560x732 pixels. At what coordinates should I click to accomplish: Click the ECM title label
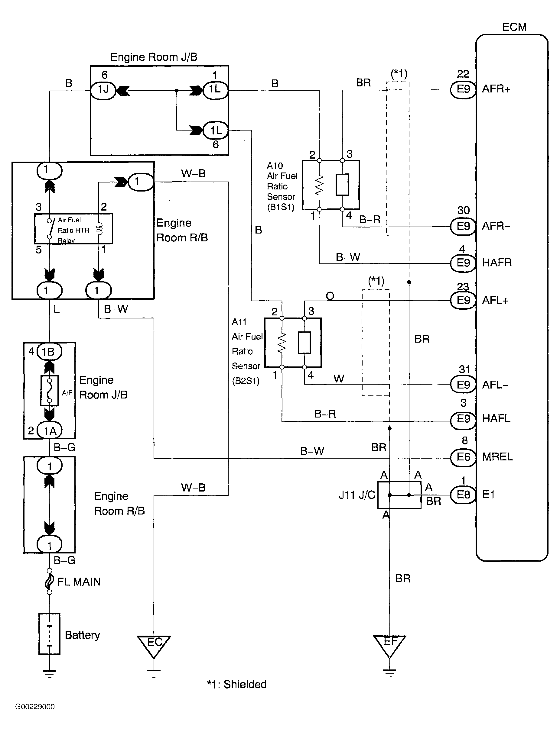coord(514,27)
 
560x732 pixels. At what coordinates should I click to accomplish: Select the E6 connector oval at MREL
coord(463,457)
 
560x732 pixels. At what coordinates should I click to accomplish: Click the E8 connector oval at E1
coord(463,495)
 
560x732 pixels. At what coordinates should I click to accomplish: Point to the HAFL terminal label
coord(496,419)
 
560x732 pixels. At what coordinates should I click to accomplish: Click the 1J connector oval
coord(103,90)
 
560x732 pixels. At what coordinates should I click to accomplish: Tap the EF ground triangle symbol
coord(390,645)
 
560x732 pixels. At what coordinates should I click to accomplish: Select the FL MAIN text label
coord(79,582)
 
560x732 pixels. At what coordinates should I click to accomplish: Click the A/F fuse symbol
coord(49,391)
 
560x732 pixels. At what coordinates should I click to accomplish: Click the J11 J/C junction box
coord(399,495)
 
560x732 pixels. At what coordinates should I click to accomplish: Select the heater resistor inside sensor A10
coord(319,185)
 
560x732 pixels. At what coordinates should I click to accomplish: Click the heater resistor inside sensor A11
coord(282,343)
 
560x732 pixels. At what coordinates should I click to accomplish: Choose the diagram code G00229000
coord(35,707)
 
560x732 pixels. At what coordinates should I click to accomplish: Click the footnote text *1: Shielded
coord(237,684)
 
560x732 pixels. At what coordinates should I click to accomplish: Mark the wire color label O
coord(330,296)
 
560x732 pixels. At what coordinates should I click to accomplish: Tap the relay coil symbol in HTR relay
coord(99,228)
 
